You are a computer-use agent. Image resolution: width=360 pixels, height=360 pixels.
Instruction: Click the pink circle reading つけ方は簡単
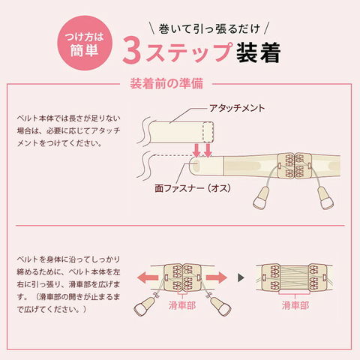pyautogui.click(x=85, y=43)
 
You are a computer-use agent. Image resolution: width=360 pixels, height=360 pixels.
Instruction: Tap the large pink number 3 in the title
pyautogui.click(x=132, y=52)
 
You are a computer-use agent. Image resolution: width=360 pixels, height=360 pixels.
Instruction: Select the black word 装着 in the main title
pyautogui.click(x=258, y=52)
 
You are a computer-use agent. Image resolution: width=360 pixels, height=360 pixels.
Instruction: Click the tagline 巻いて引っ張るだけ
pyautogui.click(x=209, y=29)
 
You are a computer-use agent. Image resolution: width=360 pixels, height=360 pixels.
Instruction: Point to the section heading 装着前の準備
pyautogui.click(x=166, y=83)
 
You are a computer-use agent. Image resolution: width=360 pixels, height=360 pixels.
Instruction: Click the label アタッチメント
pyautogui.click(x=237, y=108)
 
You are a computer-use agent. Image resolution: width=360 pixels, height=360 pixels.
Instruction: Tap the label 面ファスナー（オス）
pyautogui.click(x=193, y=188)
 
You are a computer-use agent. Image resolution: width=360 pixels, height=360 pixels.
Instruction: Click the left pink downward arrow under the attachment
pyautogui.click(x=196, y=150)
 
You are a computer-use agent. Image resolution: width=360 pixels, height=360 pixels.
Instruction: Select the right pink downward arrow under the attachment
pyautogui.click(x=208, y=150)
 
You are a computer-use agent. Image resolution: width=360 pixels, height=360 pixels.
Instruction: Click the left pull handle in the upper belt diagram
pyautogui.click(x=261, y=198)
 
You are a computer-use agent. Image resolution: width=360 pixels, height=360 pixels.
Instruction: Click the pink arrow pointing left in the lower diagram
pyautogui.click(x=148, y=277)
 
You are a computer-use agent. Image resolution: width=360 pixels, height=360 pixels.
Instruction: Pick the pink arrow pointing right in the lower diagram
pyautogui.click(x=217, y=277)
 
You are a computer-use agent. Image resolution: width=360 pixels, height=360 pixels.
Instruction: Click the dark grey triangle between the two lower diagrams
pyautogui.click(x=241, y=277)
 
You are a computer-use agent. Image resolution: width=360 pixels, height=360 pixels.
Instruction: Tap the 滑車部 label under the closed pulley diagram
pyautogui.click(x=182, y=305)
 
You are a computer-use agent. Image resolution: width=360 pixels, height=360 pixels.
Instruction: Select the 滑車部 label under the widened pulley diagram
pyautogui.click(x=295, y=305)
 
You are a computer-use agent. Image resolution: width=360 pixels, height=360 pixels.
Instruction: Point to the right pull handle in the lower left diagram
pyautogui.click(x=220, y=306)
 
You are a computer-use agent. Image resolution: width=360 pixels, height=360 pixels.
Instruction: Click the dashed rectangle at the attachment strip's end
pyautogui.click(x=208, y=133)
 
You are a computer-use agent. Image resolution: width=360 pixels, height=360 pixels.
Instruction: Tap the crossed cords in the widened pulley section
pyautogui.click(x=294, y=277)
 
